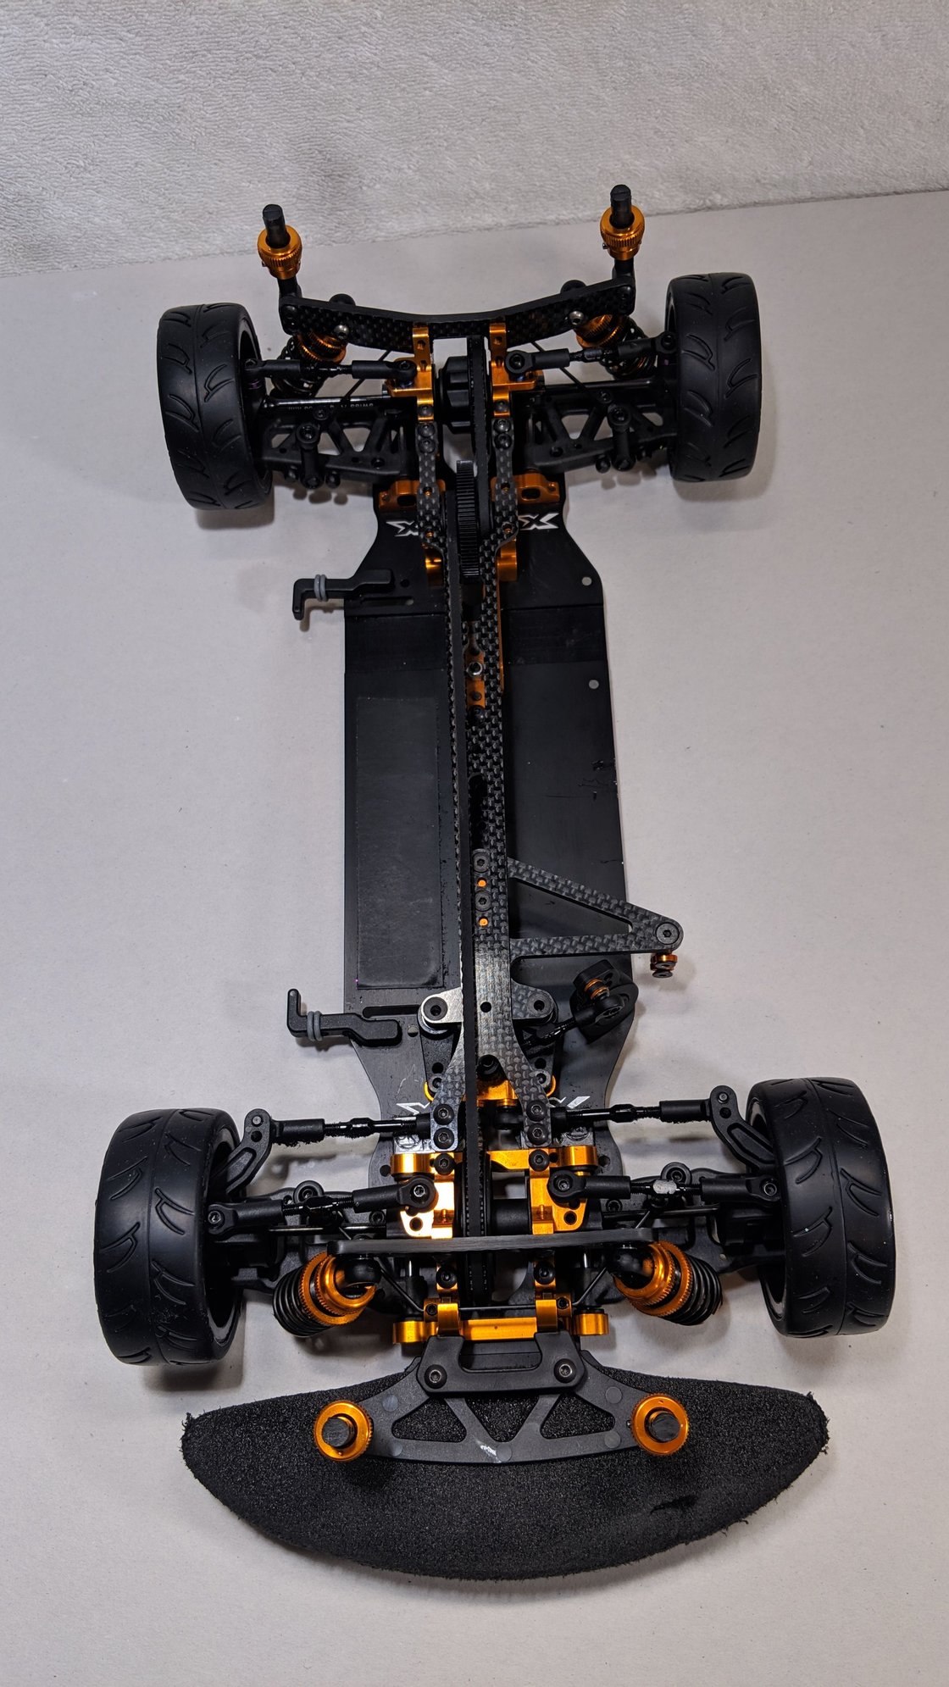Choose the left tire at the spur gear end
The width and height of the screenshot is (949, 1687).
point(209,407)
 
